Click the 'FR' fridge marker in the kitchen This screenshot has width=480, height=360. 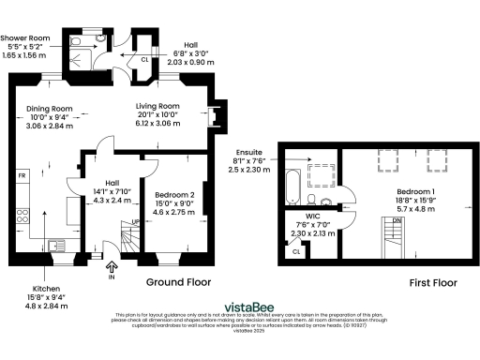pos(20,175)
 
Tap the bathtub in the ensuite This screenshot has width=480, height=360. pos(291,181)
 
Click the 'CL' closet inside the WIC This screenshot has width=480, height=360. pos(295,250)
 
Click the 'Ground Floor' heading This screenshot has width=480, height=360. pos(178,281)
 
